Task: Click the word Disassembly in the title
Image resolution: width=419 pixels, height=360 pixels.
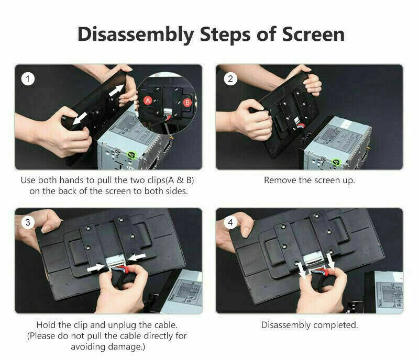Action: coord(136,35)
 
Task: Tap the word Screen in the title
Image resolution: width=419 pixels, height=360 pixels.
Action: coord(313,35)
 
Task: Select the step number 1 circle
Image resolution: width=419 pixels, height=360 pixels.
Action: coord(28,79)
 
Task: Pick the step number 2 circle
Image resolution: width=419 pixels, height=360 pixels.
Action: coord(230,79)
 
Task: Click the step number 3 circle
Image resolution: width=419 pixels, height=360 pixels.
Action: coord(28,222)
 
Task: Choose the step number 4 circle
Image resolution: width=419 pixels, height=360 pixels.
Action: coord(230,222)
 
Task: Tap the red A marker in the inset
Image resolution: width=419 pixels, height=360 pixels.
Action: coord(148,100)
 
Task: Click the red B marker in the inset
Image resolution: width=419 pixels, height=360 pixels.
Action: coord(188,102)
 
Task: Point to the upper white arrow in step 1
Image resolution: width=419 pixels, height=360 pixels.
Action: coord(117,91)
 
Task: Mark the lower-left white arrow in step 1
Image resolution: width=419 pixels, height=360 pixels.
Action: coord(80,118)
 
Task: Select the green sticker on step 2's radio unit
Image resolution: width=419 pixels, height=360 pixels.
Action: coord(336,162)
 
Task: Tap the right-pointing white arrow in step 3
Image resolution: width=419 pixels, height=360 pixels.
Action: coord(96,268)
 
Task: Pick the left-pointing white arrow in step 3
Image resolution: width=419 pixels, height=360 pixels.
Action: coord(137,257)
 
